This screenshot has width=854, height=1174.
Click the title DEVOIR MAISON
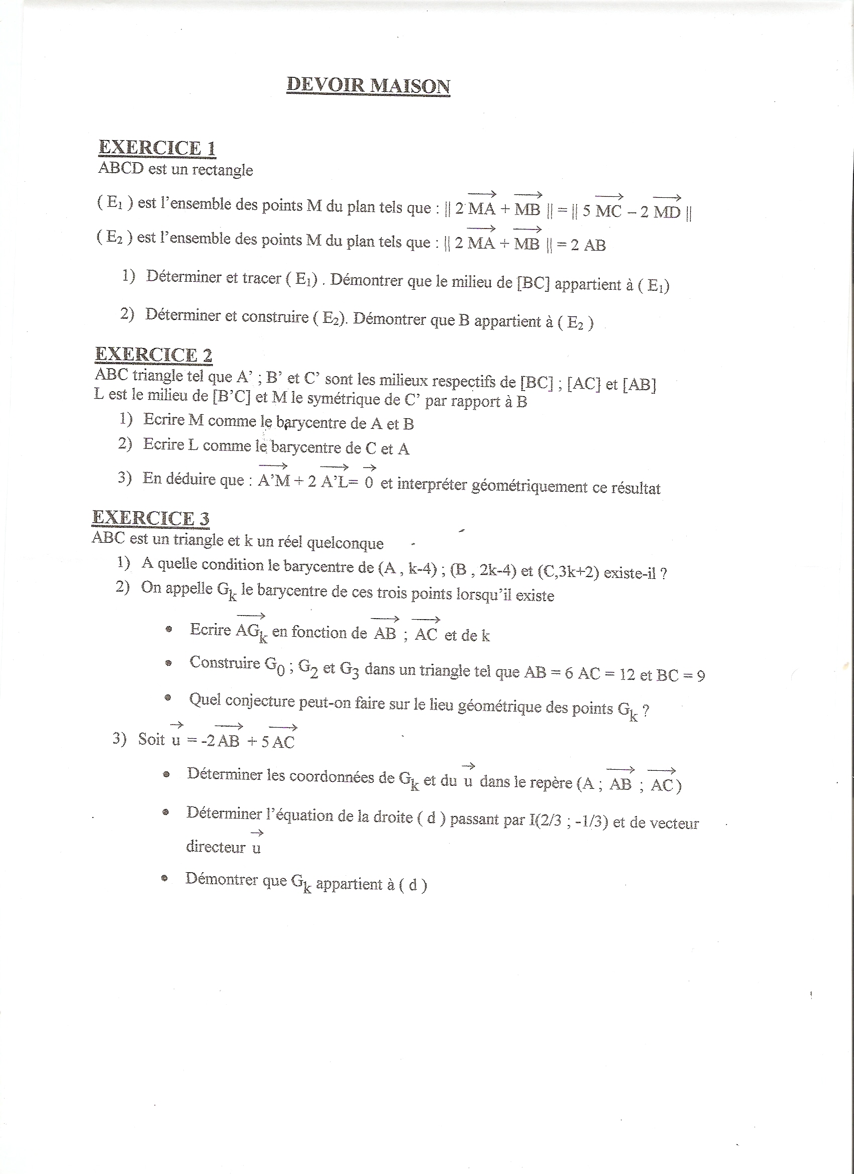(368, 85)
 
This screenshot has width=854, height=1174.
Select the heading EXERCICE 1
(157, 148)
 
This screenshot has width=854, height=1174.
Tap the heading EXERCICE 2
(154, 355)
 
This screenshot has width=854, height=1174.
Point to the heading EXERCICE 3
(151, 518)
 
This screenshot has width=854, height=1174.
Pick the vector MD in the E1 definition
(667, 212)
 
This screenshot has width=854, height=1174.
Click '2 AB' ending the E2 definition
(588, 245)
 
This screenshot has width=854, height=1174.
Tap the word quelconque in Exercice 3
(345, 543)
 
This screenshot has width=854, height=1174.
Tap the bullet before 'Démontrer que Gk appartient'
(164, 878)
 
